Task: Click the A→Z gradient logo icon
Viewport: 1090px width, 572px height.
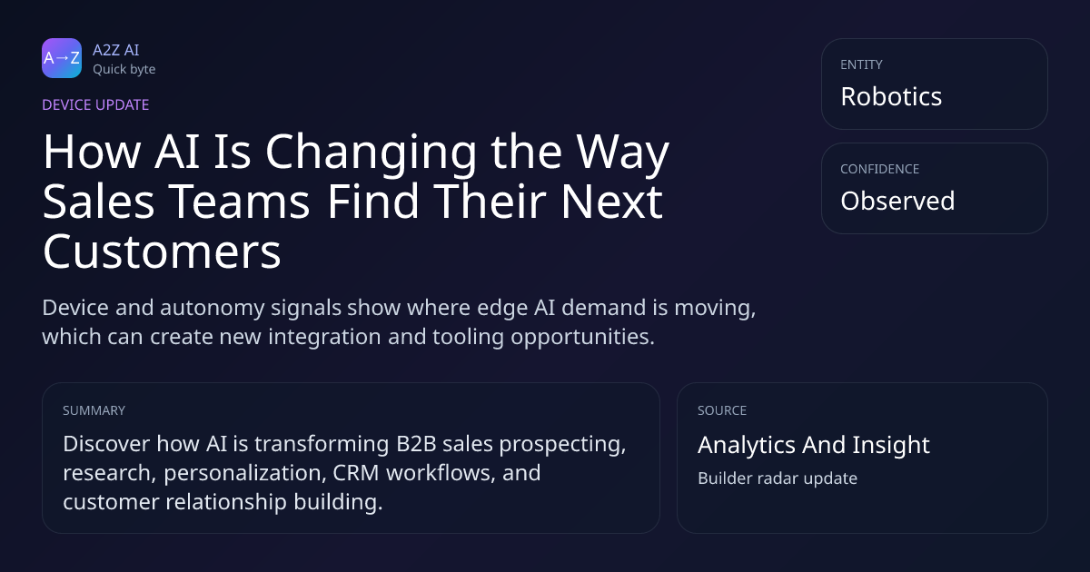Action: [x=62, y=58]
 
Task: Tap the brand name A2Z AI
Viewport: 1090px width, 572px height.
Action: [x=116, y=50]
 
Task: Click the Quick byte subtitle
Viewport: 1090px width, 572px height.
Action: [x=124, y=70]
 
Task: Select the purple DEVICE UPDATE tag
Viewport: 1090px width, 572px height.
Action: [x=95, y=105]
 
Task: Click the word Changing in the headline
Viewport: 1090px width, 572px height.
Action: [x=371, y=153]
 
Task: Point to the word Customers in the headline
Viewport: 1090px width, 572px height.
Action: [x=162, y=251]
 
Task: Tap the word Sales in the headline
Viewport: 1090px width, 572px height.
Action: [x=99, y=202]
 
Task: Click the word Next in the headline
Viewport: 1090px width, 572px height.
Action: [x=611, y=202]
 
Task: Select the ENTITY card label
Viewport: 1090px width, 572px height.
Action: [x=861, y=64]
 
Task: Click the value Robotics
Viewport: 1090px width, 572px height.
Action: [x=891, y=96]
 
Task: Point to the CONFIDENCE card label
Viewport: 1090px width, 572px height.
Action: [x=880, y=169]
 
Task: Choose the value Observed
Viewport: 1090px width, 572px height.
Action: [x=897, y=201]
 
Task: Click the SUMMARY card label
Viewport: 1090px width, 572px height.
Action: [x=94, y=410]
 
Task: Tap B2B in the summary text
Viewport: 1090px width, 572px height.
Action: [x=417, y=444]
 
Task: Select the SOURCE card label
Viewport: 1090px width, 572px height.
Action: [x=722, y=410]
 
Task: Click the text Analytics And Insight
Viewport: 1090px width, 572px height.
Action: [x=814, y=445]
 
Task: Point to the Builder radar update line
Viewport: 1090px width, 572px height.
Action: [x=778, y=478]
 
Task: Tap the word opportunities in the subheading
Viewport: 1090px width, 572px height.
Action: [x=582, y=337]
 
